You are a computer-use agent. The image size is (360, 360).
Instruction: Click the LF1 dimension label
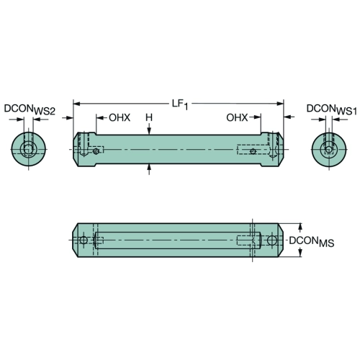click(x=180, y=104)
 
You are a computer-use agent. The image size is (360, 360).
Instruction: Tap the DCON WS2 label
click(x=30, y=109)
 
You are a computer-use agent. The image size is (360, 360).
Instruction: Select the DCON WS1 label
click(x=331, y=109)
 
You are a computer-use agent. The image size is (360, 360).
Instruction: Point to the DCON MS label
click(x=312, y=242)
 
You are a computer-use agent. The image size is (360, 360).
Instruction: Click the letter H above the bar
click(x=149, y=117)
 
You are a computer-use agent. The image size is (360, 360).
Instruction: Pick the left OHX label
click(x=120, y=117)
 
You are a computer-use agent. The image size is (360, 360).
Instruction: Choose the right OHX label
click(x=237, y=117)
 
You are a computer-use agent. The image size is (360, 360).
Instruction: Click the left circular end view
click(x=29, y=149)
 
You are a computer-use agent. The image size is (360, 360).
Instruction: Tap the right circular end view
click(x=329, y=149)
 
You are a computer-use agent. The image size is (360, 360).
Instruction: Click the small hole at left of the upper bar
click(x=96, y=151)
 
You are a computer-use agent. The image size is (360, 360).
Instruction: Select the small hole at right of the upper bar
click(x=253, y=151)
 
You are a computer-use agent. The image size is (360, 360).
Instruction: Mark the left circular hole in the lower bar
click(x=84, y=240)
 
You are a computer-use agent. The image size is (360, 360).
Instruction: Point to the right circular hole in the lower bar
click(x=272, y=240)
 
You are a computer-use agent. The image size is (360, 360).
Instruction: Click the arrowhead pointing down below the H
click(x=149, y=131)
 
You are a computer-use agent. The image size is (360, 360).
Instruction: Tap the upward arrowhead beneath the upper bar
click(x=149, y=168)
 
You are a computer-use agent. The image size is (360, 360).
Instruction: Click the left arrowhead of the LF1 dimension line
click(x=76, y=104)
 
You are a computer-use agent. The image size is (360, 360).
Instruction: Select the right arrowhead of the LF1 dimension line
click(x=280, y=104)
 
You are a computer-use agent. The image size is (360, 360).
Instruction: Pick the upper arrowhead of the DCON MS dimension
click(x=300, y=227)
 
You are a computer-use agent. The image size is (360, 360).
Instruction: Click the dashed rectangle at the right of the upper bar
click(x=253, y=150)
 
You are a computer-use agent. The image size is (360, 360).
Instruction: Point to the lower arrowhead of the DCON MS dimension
click(x=300, y=253)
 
